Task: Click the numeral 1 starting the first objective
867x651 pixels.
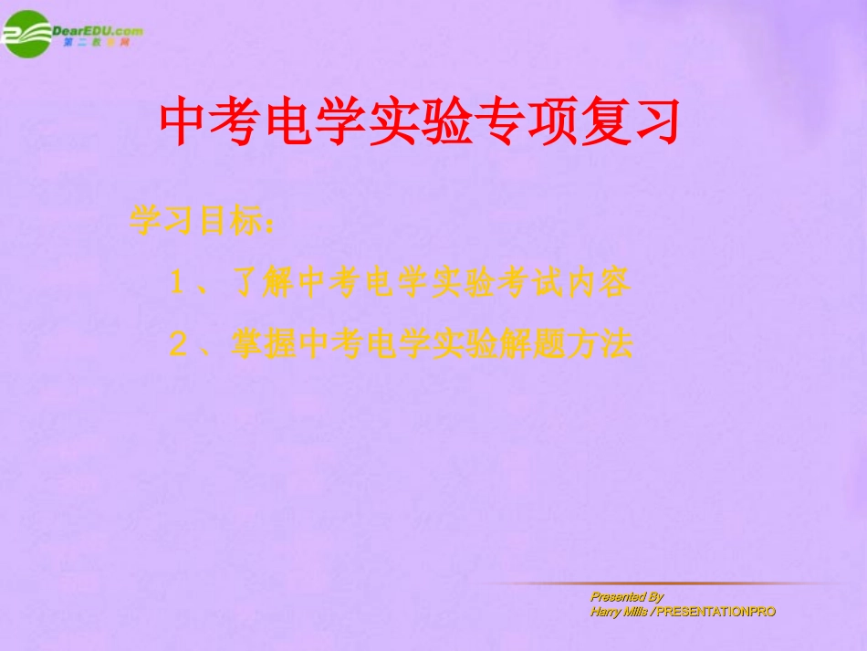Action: pos(177,284)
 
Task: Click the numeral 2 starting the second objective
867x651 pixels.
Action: pos(177,345)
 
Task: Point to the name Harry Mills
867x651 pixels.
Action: pos(618,612)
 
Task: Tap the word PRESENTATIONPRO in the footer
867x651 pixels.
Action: pos(716,612)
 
